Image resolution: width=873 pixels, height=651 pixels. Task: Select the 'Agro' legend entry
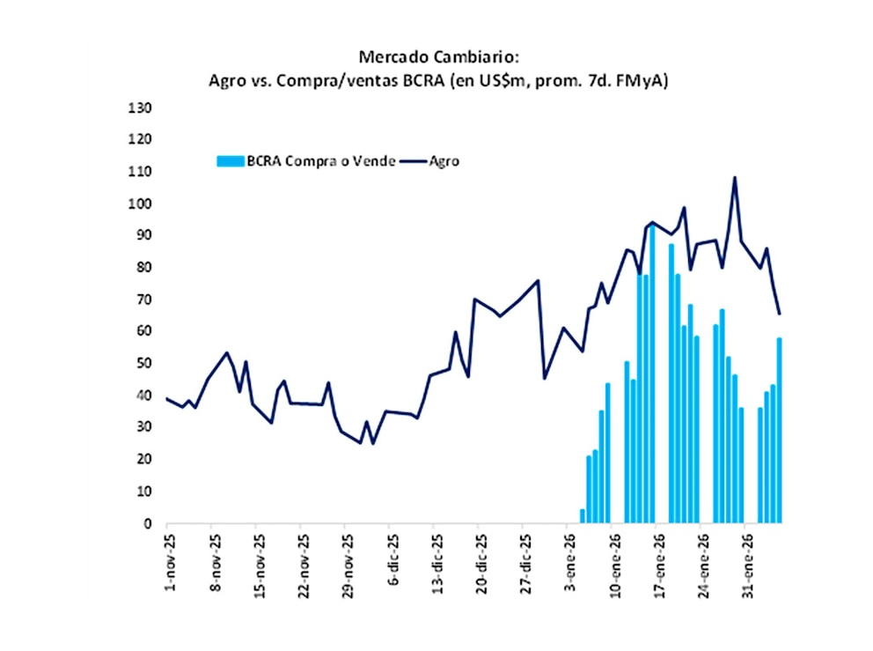pos(444,161)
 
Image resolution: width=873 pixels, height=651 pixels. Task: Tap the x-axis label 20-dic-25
pos(480,564)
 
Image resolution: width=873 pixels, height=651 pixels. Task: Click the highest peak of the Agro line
pos(735,178)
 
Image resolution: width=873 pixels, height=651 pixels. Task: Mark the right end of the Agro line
pos(780,313)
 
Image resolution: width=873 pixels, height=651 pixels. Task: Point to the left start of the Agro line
pos(167,398)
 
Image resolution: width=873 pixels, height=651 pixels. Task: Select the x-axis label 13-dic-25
pos(435,564)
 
